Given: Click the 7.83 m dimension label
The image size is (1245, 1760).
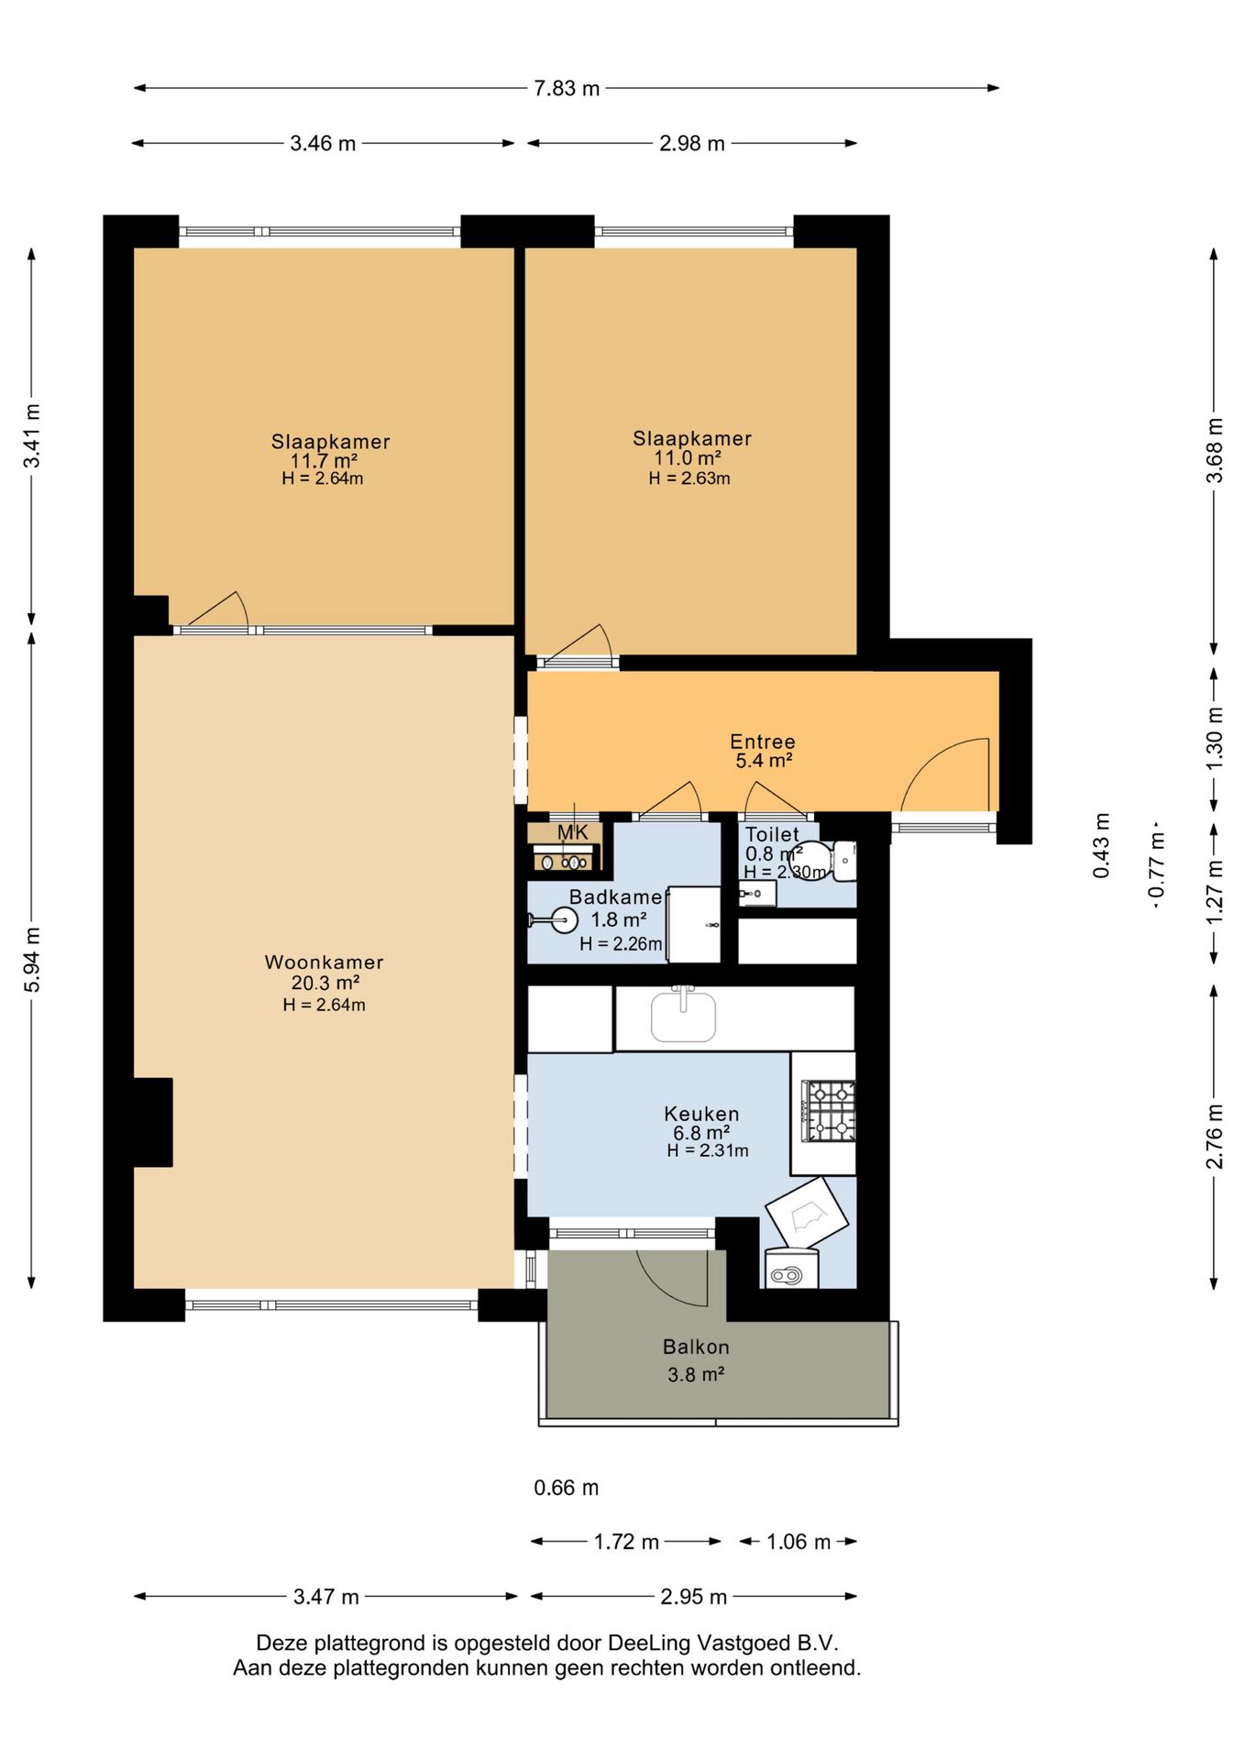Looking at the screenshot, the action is [x=567, y=88].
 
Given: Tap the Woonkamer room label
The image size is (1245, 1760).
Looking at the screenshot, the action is [x=324, y=962].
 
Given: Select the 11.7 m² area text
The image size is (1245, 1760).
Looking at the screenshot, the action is [x=324, y=460].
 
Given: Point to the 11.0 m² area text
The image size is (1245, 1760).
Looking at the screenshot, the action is [x=687, y=457].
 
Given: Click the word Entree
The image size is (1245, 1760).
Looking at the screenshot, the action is [x=763, y=742].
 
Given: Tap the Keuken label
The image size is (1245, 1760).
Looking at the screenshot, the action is [x=701, y=1114].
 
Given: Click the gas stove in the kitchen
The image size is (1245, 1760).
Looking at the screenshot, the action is [x=829, y=1111].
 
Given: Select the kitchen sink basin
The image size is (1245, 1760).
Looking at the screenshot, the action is [x=683, y=1015].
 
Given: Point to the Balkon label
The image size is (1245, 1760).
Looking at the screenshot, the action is [x=696, y=1347].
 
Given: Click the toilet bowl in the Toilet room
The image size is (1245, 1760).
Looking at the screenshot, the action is [x=810, y=861].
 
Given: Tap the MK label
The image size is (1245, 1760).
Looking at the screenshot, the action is [x=573, y=832].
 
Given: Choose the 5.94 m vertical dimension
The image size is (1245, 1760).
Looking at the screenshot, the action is [x=32, y=960].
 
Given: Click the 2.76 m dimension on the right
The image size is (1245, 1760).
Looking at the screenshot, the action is [x=1214, y=1137].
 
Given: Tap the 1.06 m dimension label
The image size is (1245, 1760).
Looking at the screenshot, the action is [x=799, y=1542].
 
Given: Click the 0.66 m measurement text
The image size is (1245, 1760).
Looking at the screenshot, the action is [x=567, y=1488].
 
